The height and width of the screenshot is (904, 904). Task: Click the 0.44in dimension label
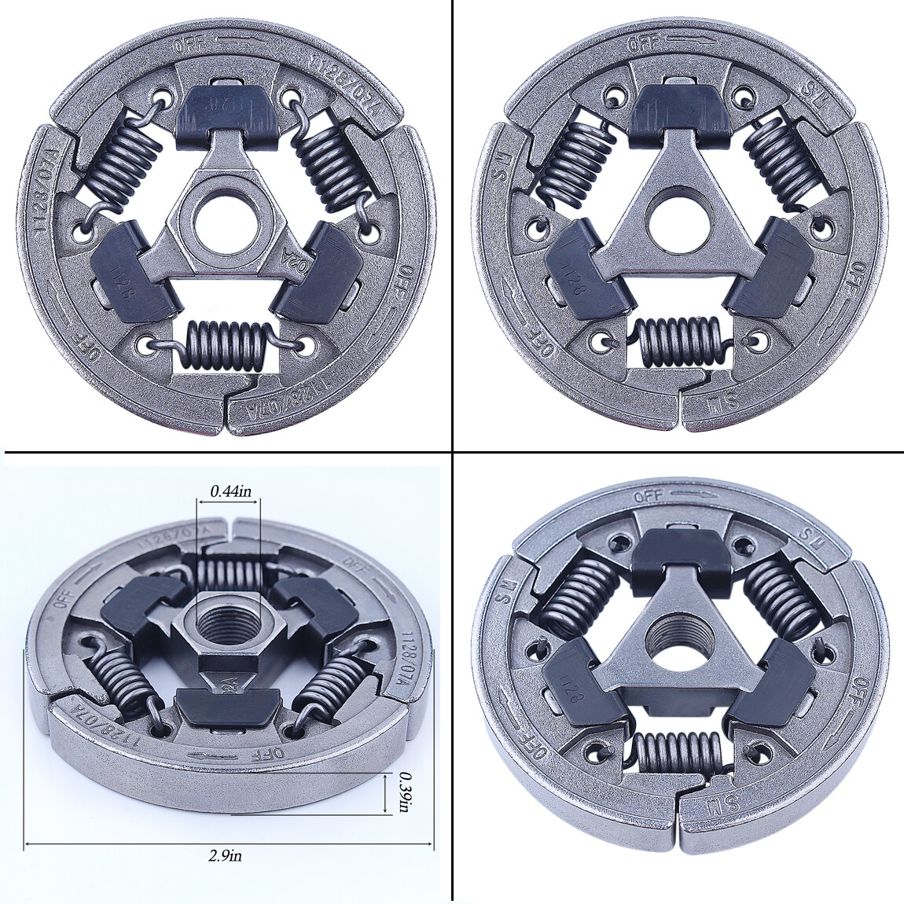pyautogui.click(x=230, y=491)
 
